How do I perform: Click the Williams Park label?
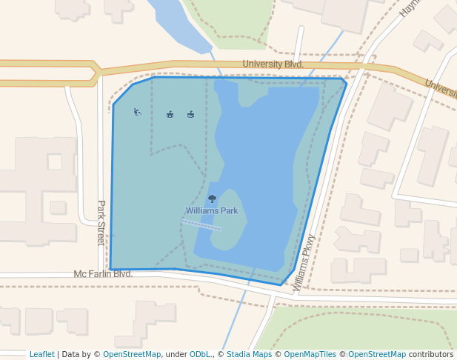[212, 210]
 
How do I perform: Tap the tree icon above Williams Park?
[212, 199]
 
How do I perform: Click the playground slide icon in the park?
[137, 113]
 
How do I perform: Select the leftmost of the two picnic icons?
[170, 114]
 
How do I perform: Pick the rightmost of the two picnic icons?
[190, 114]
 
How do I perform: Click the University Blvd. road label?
[273, 64]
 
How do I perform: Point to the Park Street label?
[101, 222]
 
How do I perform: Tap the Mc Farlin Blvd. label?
[103, 274]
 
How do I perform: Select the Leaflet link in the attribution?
[41, 355]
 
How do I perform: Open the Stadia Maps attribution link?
[249, 355]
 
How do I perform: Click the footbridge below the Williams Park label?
[201, 225]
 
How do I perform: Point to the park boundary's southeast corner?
[281, 284]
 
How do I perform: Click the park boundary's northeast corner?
[346, 81]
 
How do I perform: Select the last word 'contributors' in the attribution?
[430, 355]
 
